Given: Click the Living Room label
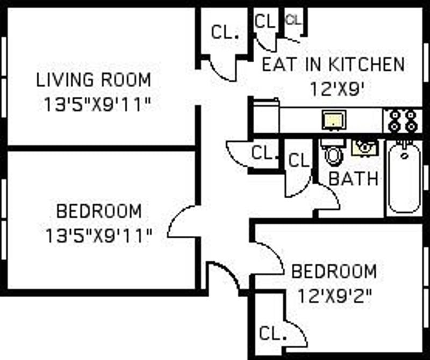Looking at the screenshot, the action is point(94,80).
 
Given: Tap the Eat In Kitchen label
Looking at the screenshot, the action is point(333,64).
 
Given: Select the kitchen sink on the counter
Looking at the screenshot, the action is point(334,120).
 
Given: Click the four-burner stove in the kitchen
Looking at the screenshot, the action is point(403,120).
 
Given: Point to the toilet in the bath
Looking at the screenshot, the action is point(333,153).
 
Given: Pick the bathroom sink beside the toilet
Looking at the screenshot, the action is point(365,148).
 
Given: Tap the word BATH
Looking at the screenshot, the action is point(353,178).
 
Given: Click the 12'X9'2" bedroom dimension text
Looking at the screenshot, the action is point(334,296).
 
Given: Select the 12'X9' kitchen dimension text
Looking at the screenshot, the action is point(338,89).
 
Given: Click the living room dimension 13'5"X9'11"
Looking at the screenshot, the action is point(97,104).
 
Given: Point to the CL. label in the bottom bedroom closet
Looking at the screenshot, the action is point(273,334).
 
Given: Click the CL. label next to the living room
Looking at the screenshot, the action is point(225,32).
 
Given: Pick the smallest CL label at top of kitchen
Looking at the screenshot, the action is point(293,20).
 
